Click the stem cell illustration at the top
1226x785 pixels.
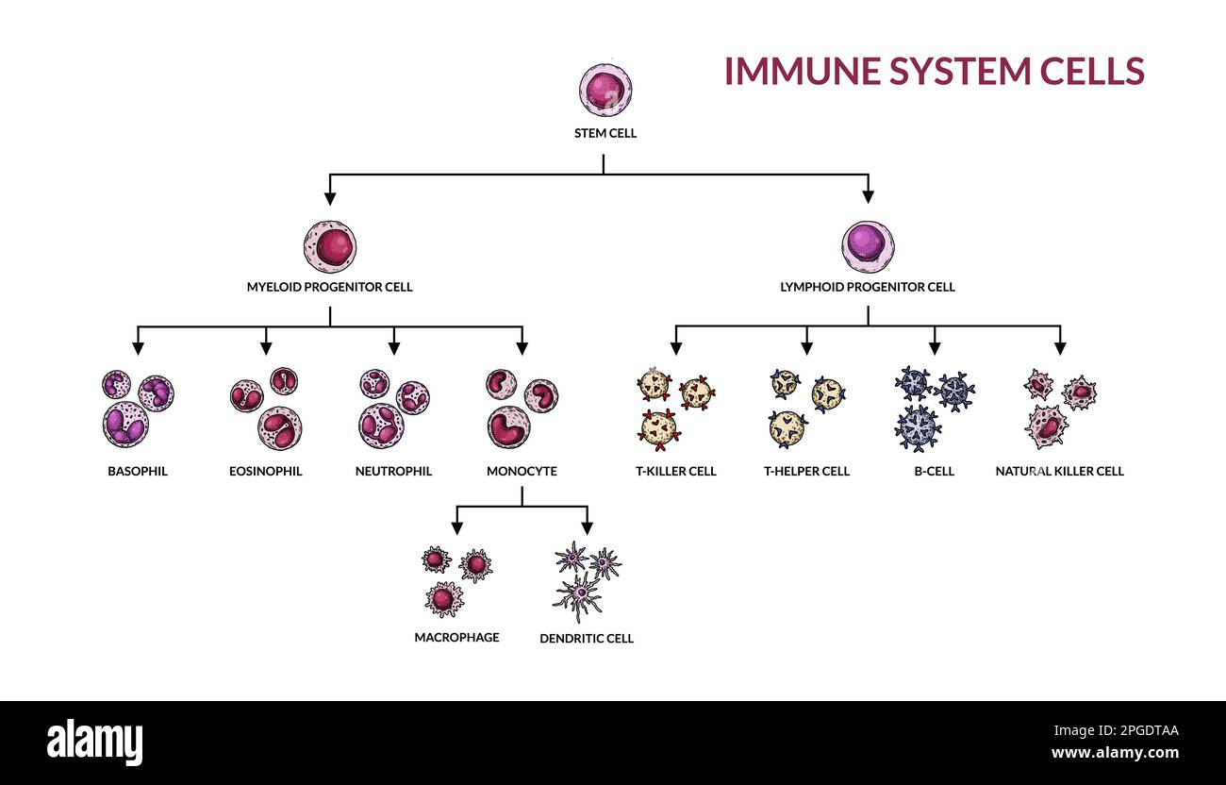point(605,91)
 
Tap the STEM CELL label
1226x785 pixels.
point(605,133)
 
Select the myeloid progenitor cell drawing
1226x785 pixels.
point(330,247)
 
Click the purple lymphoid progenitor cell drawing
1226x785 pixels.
point(868,247)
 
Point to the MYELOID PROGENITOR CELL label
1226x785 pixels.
point(329,287)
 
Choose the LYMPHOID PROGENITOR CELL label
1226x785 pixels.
point(868,287)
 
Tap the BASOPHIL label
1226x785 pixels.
point(138,471)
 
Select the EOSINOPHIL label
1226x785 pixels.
point(266,471)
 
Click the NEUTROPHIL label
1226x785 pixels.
point(393,471)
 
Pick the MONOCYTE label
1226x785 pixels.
point(522,471)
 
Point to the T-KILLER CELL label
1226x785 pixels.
point(675,471)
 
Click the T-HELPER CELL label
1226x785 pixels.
point(806,471)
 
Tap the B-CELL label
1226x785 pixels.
point(934,471)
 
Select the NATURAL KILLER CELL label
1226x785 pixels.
point(1059,471)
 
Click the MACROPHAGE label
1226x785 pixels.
point(456,637)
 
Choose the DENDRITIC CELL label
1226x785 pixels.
point(587,639)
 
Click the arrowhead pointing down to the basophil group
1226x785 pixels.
point(138,348)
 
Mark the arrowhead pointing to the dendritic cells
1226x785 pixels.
point(587,527)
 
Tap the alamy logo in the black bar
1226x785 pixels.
point(94,743)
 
